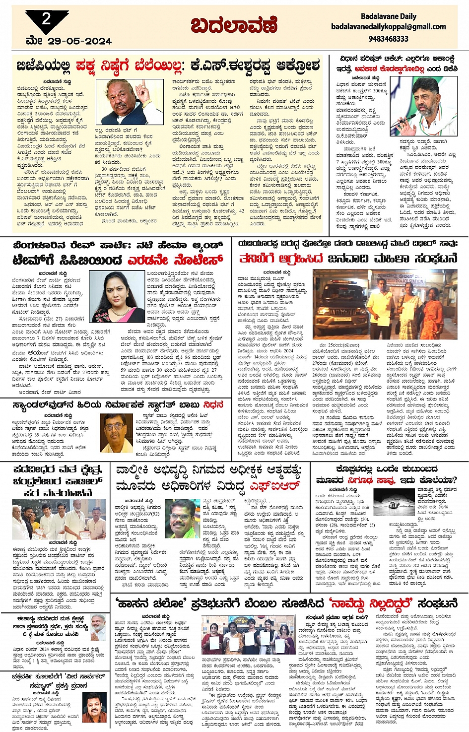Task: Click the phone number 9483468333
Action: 388,38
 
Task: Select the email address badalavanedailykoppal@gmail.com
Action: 388,27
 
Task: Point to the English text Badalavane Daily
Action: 388,16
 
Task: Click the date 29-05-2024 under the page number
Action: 79,41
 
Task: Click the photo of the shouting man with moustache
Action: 130,102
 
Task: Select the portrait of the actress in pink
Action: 118,296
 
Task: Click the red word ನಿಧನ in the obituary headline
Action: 213,405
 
